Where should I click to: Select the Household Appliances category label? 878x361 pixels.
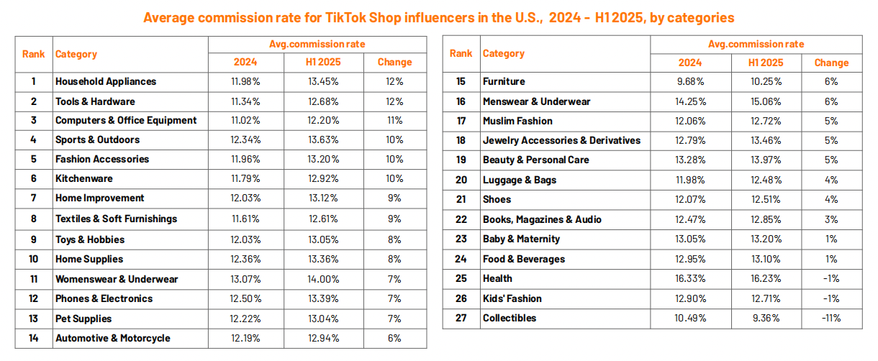coord(105,81)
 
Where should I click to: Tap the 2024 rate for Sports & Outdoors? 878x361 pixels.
coord(245,140)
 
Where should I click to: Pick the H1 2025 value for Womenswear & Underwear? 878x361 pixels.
coord(323,279)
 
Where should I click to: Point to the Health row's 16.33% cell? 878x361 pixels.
coord(689,278)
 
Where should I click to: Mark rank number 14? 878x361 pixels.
coord(33,338)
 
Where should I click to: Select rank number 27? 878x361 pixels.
coord(461,318)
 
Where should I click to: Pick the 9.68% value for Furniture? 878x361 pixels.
coord(689,81)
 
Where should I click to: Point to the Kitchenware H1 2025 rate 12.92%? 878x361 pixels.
coord(323,178)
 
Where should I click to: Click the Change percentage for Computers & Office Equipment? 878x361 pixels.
coord(394,120)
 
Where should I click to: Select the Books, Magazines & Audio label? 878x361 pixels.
coord(542,219)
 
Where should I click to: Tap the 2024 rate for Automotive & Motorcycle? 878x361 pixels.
coord(245,338)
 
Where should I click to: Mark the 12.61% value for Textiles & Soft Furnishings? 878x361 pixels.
coord(323,219)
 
